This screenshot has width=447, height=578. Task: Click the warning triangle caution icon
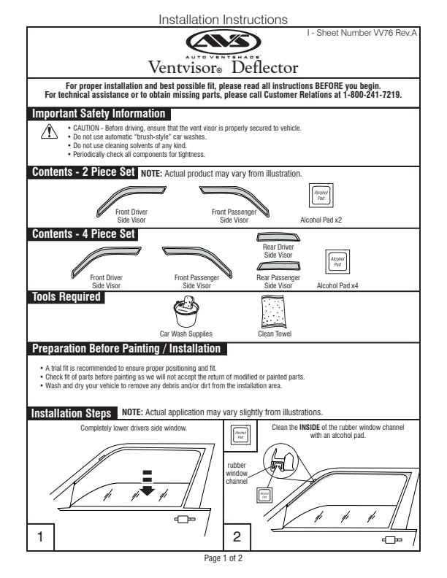(49, 131)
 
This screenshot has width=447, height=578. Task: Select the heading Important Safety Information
(99, 114)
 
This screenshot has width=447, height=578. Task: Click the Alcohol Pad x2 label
(321, 218)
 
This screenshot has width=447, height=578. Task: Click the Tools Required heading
(66, 297)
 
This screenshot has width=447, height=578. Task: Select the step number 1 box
(41, 537)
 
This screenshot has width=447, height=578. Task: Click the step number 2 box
(237, 537)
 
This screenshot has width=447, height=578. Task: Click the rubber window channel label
(237, 472)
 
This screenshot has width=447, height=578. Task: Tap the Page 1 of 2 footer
(223, 558)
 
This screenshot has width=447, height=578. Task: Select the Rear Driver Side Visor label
(278, 252)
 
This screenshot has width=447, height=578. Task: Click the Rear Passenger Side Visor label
(278, 282)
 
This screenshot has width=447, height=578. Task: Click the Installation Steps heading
(72, 413)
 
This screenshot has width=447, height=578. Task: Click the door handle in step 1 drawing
(184, 520)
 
